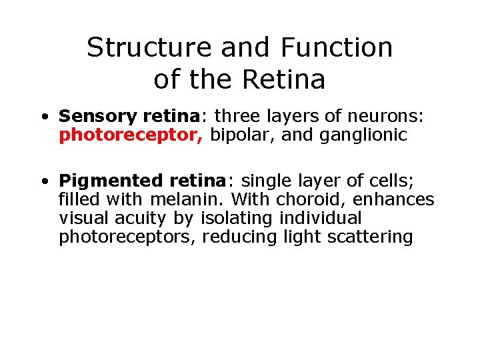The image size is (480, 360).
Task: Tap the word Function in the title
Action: [337, 48]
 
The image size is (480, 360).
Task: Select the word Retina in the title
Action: [284, 80]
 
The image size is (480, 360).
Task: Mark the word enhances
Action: [398, 199]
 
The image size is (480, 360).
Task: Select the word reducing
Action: [233, 237]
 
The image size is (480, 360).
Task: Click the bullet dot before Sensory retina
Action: [43, 117]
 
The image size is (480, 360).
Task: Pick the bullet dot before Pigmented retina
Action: [43, 181]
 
